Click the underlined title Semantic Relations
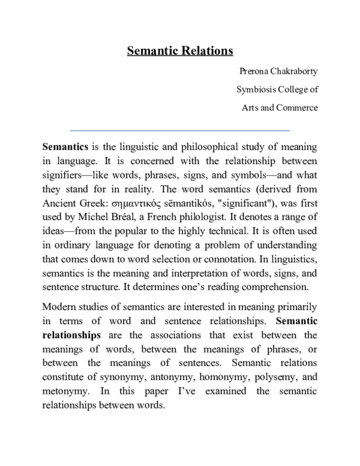[180, 51]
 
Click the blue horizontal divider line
[180, 130]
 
